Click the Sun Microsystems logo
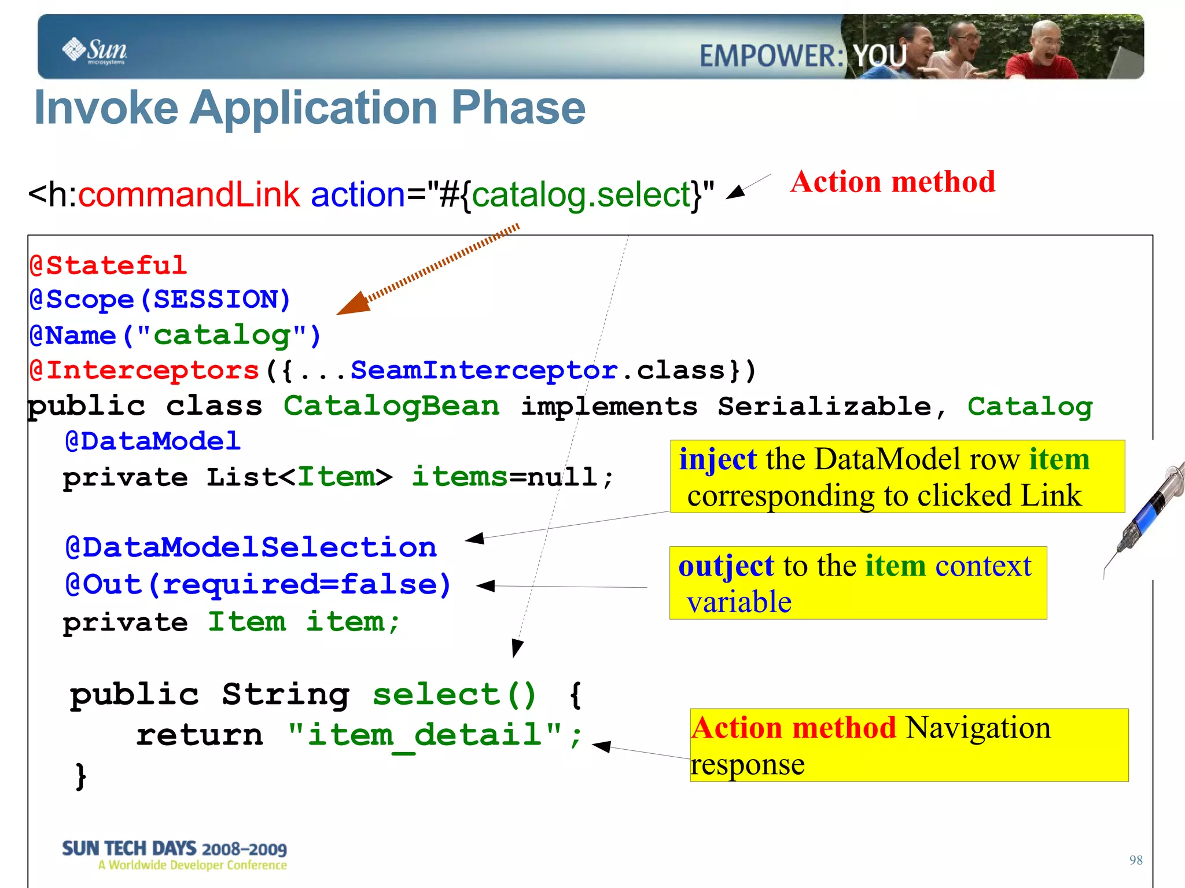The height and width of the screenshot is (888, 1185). point(95,51)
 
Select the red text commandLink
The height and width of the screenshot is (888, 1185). point(189,194)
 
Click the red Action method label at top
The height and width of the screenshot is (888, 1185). point(893,182)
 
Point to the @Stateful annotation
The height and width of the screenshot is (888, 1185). point(108,266)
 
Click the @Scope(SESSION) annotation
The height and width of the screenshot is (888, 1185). point(160,300)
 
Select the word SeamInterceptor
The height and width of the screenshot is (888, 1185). point(484,370)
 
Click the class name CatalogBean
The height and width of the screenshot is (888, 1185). point(391,406)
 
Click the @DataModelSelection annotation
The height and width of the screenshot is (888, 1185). point(251,547)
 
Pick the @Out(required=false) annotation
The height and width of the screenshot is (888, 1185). point(257,584)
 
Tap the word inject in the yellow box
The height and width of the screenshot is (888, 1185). point(717,459)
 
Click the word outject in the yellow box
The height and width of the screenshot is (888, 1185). point(726,566)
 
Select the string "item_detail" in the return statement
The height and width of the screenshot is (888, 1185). point(425,735)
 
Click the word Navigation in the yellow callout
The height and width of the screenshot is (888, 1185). point(978,728)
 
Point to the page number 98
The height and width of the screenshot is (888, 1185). point(1135,860)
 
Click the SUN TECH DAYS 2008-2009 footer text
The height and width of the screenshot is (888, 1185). point(174,849)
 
